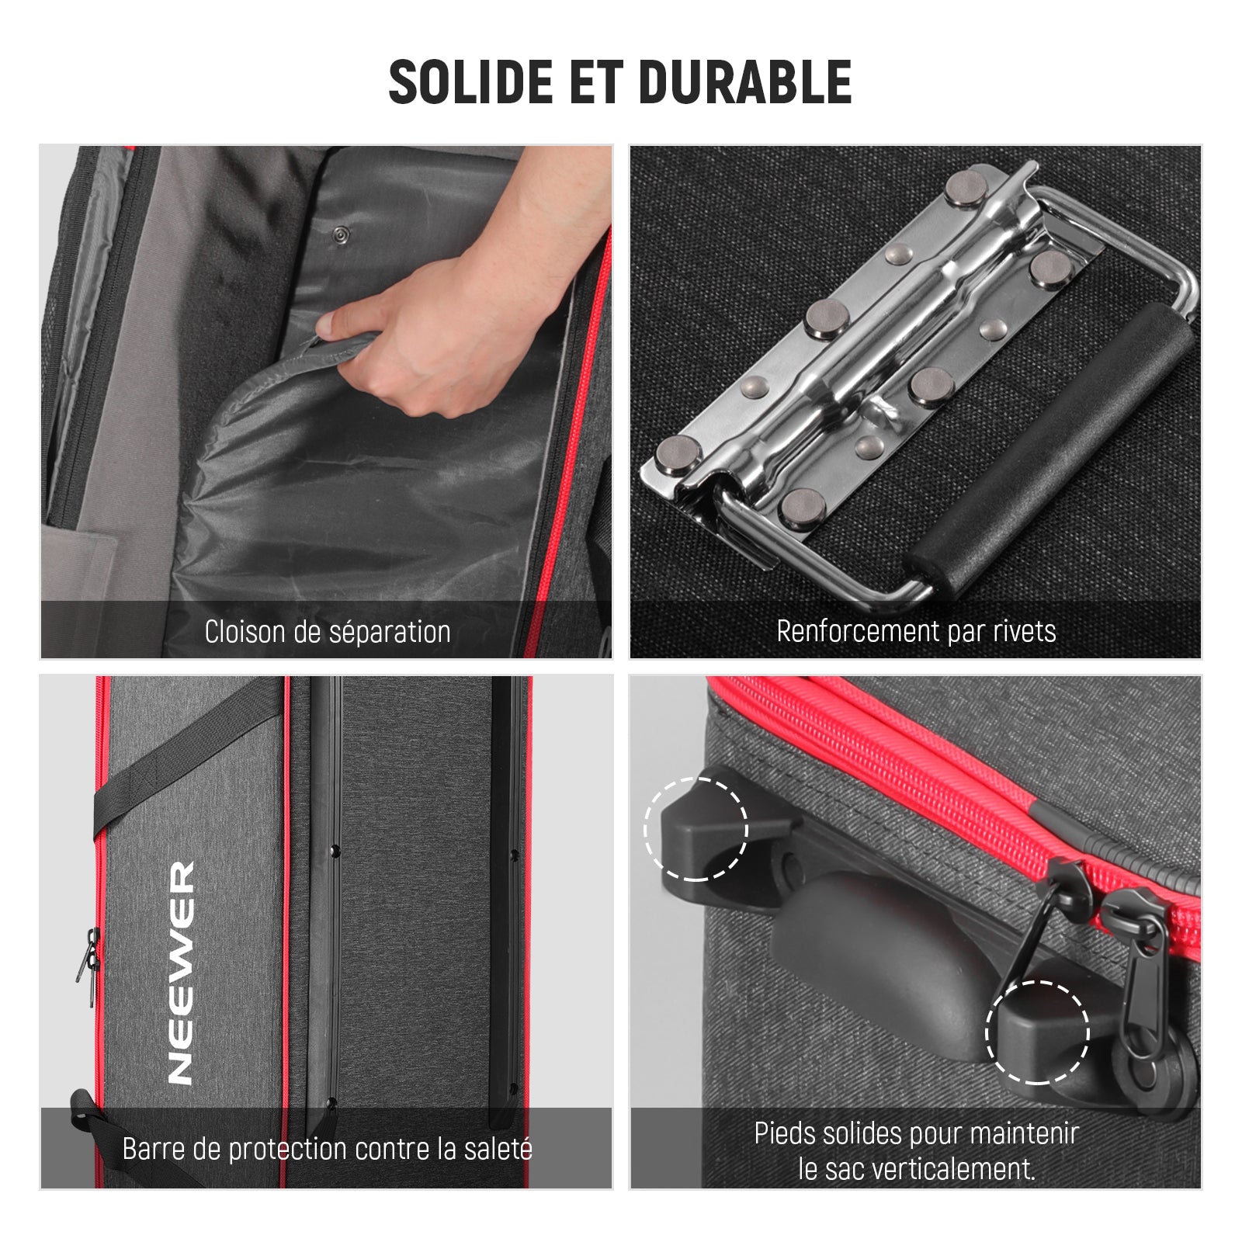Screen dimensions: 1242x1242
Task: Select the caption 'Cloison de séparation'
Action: click(328, 632)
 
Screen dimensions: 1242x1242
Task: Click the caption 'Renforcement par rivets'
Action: click(916, 631)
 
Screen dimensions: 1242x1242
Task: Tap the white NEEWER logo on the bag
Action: click(182, 972)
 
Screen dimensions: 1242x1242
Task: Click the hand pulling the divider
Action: click(458, 295)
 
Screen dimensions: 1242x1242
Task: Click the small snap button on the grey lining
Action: click(339, 234)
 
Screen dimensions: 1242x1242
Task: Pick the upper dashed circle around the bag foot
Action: click(696, 829)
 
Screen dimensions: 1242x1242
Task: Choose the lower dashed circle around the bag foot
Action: click(1038, 1032)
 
